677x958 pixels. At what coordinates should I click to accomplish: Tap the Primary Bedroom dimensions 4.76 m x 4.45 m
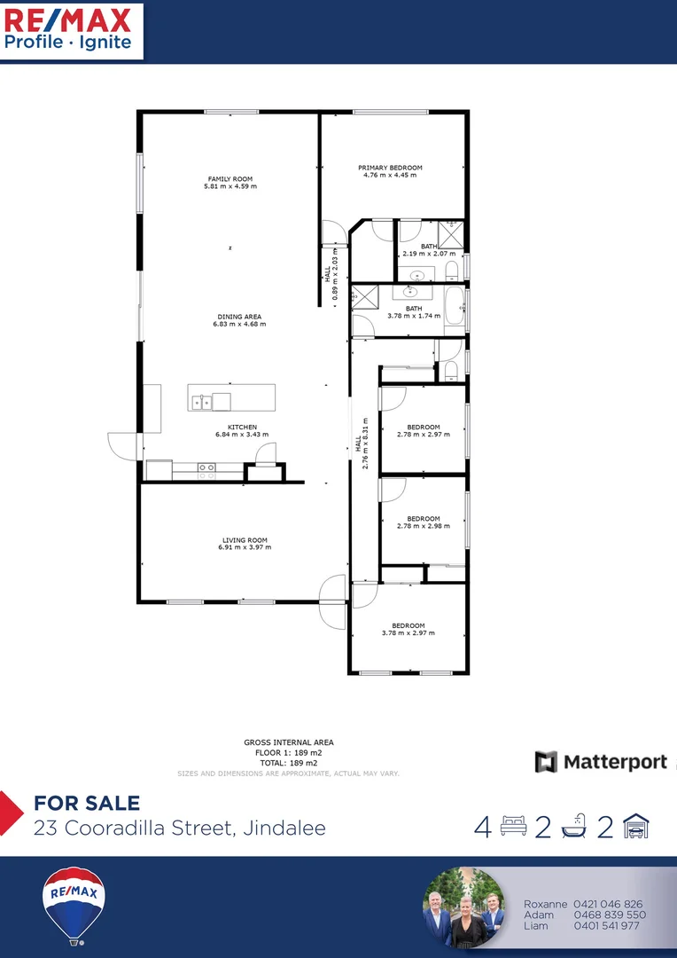[390, 175]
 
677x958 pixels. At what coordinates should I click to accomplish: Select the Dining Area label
[239, 317]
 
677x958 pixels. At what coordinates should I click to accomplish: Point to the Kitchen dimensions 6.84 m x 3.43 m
[242, 435]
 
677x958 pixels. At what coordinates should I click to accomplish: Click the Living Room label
[245, 540]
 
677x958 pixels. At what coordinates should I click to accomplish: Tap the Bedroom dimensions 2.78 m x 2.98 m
[424, 526]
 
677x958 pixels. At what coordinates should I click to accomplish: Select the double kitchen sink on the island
[201, 402]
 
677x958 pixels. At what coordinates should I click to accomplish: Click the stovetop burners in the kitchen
[206, 471]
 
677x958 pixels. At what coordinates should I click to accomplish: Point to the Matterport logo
[601, 762]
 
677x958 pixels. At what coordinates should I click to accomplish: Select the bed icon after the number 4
[514, 827]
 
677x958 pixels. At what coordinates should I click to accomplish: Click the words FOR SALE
[87, 804]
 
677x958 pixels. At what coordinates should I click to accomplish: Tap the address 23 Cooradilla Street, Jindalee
[179, 828]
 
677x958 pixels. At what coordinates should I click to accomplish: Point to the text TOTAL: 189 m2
[288, 762]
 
